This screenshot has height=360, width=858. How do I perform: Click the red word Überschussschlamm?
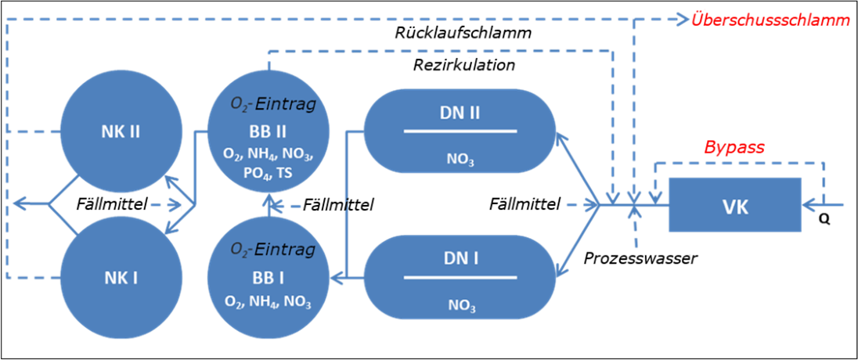click(x=770, y=20)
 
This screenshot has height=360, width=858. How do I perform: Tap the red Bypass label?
click(x=734, y=147)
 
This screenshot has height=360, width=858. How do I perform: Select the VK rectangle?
click(x=734, y=205)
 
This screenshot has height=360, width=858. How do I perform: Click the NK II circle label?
click(x=121, y=131)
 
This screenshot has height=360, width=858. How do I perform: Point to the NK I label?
click(x=121, y=277)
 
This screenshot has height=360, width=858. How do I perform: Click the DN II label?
click(x=460, y=113)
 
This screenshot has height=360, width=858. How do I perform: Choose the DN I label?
click(x=460, y=257)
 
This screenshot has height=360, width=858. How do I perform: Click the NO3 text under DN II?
click(x=460, y=161)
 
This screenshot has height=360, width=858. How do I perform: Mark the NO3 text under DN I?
click(x=460, y=306)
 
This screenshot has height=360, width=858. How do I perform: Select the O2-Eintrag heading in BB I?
click(x=273, y=250)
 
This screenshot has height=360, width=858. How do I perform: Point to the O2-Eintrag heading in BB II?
click(x=273, y=103)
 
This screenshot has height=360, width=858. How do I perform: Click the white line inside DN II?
click(x=460, y=131)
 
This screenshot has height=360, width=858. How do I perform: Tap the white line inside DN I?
click(x=460, y=276)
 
